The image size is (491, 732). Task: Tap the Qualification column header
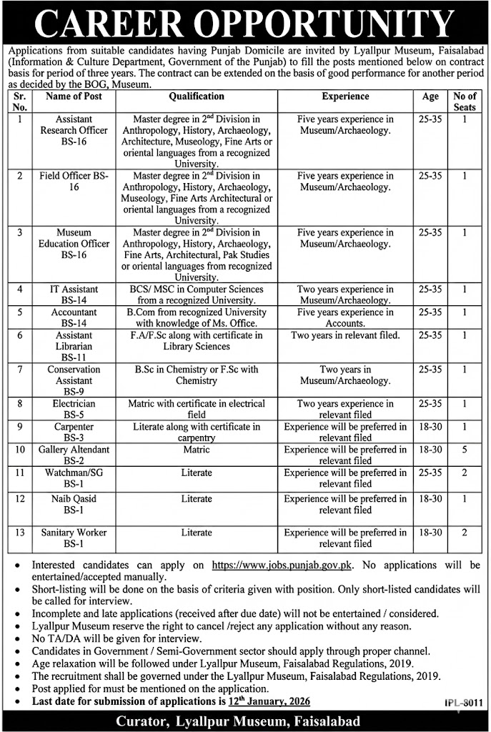click(197, 96)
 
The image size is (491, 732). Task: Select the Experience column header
click(345, 96)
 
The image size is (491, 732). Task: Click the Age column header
click(430, 96)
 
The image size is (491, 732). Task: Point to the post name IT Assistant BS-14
click(74, 295)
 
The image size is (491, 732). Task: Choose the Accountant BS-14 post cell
click(74, 318)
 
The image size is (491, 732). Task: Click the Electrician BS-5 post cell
click(74, 410)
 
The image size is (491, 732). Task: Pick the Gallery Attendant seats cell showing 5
click(465, 450)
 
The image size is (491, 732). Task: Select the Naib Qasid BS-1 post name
click(74, 504)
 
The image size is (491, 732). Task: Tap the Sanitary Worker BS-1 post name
click(74, 538)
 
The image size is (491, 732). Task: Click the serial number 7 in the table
click(21, 370)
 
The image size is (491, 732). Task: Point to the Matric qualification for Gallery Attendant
click(197, 450)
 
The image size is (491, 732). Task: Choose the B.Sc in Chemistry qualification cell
click(197, 375)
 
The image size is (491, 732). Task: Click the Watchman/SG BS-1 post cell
click(74, 479)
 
